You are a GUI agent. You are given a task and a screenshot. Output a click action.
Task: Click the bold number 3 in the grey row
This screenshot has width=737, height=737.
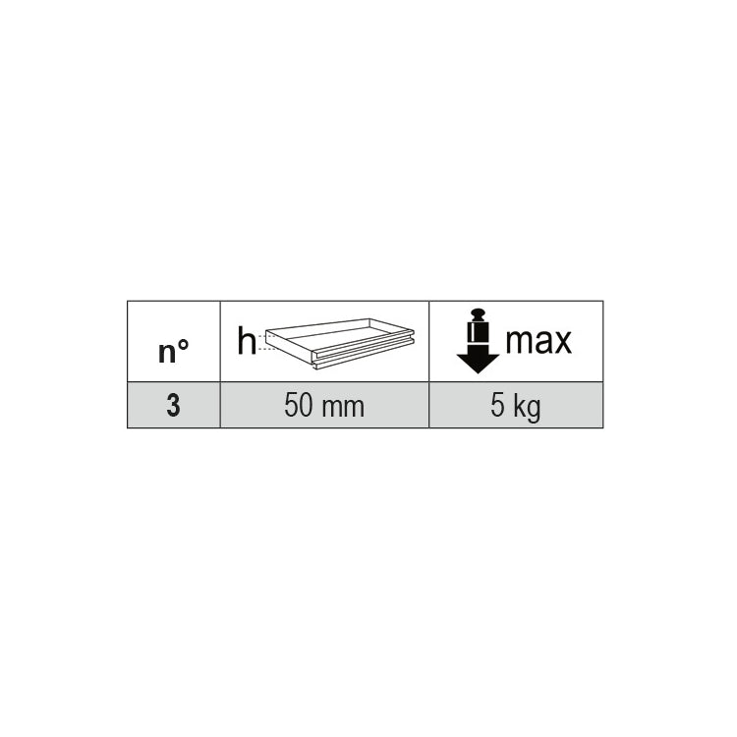point(173,406)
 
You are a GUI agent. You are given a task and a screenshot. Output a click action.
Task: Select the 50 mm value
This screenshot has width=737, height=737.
point(324,406)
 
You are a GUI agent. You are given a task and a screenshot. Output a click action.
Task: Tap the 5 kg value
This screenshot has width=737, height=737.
point(516,407)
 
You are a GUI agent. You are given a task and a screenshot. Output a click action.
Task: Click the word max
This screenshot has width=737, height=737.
point(539,341)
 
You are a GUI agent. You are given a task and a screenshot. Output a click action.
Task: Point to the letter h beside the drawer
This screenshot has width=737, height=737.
point(247,341)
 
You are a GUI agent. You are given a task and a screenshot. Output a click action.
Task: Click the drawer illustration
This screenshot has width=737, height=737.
point(339,344)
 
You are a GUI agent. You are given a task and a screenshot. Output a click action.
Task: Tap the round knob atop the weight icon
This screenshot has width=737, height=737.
point(478,313)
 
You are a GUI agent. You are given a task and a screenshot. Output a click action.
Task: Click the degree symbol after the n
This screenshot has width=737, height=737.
point(184,344)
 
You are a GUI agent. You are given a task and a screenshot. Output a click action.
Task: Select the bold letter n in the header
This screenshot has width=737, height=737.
point(167,353)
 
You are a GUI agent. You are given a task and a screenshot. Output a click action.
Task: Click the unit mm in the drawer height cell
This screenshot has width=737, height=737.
point(344,409)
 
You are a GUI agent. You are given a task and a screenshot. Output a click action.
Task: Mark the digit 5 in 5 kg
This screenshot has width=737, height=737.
point(497,406)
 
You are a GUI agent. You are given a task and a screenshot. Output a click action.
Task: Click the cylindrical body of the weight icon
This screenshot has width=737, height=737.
point(478,334)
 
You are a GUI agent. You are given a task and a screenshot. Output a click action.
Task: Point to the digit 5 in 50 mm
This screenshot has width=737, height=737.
point(291,406)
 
